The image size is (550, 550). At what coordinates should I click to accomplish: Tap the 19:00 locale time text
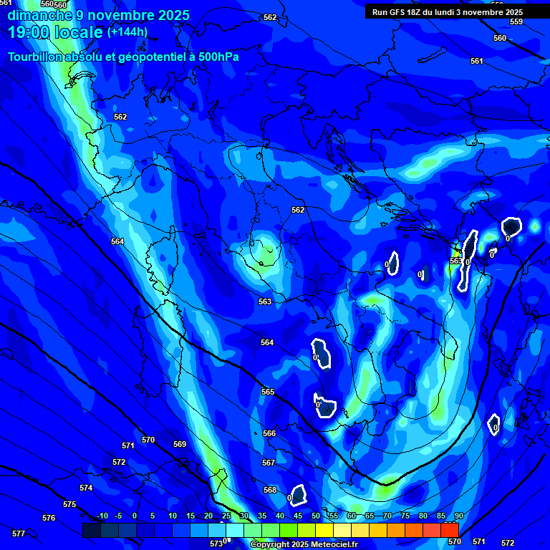point(56,32)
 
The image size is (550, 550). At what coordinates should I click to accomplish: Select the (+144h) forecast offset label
point(127,32)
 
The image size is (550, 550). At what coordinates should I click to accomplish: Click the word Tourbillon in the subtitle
point(42,57)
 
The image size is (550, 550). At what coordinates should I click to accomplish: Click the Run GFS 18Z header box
point(448,12)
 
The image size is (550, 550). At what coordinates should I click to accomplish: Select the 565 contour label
point(268,392)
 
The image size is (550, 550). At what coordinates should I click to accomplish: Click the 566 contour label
point(269,433)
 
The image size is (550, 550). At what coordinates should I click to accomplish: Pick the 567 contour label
point(269,463)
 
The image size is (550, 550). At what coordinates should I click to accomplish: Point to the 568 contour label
point(270,490)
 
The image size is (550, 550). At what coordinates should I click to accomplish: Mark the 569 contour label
point(180,444)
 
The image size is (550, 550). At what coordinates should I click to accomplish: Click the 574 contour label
point(86,488)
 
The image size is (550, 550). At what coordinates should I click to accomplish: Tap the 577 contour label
point(19,534)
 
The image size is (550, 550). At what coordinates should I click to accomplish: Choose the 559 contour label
point(516,22)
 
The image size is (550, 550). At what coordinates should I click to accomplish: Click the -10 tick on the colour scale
point(102,516)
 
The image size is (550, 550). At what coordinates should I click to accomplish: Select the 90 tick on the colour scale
point(458,516)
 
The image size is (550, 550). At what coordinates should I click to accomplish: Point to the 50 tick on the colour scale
point(316,516)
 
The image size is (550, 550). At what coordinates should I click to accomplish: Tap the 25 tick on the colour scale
point(226,516)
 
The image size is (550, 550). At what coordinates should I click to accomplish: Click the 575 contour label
point(69,504)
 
